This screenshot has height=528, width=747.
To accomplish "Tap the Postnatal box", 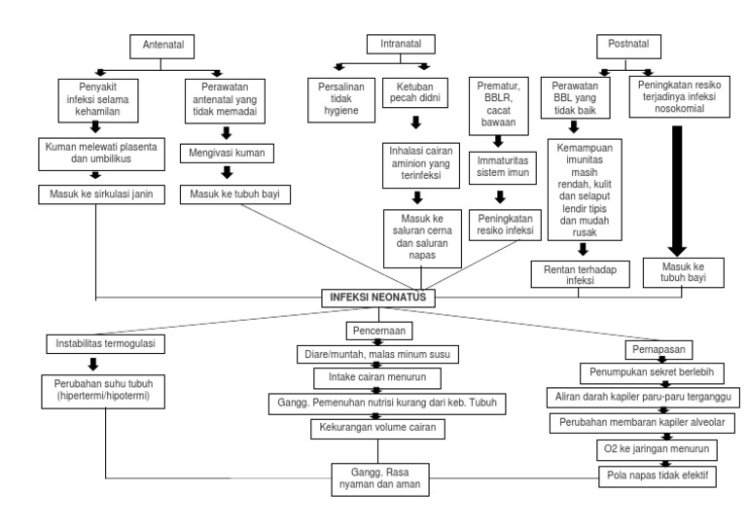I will click(x=628, y=45).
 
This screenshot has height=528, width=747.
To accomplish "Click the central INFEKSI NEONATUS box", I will click(x=376, y=297).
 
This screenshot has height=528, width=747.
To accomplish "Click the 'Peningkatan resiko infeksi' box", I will click(x=504, y=226).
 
